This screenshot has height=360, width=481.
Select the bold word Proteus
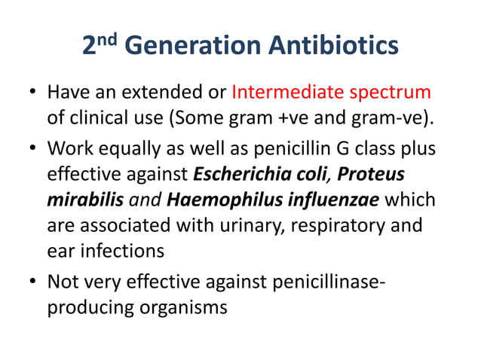pyautogui.click(x=370, y=175)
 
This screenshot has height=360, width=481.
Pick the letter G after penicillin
pyautogui.click(x=327, y=148)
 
